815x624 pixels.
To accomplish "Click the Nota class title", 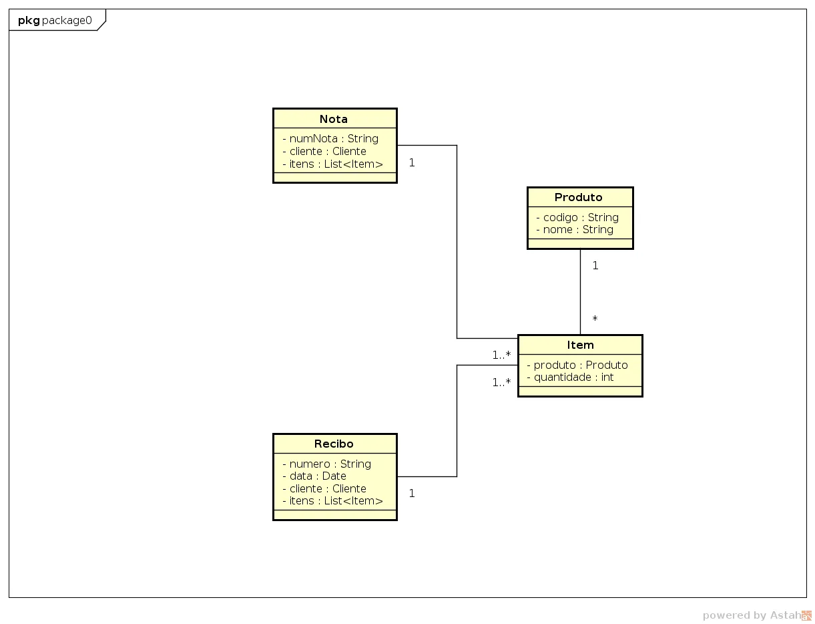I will pos(334,119).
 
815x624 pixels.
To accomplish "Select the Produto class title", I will pos(579,197).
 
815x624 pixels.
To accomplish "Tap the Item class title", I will pos(580,345).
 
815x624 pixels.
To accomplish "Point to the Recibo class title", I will pos(334,444).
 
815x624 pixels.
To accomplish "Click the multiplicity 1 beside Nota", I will pos(412,162).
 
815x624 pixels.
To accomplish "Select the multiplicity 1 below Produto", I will pos(595,265).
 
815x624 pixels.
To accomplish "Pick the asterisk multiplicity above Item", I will pos(595,319).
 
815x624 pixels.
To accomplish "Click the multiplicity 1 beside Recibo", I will pos(412,493).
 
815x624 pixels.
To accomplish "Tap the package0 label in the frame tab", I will pos(67,20).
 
